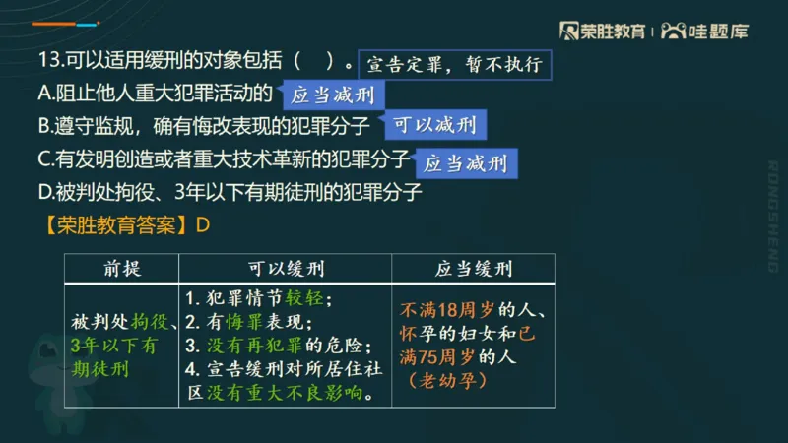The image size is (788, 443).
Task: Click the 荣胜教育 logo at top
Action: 602,32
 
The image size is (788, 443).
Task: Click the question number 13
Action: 49,63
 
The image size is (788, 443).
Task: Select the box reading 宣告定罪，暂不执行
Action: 453,65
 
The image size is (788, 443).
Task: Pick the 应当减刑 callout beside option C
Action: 465,162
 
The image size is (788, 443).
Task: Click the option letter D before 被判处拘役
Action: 43,192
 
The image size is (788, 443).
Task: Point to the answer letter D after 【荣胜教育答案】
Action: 204,224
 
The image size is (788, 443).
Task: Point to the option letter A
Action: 43,95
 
